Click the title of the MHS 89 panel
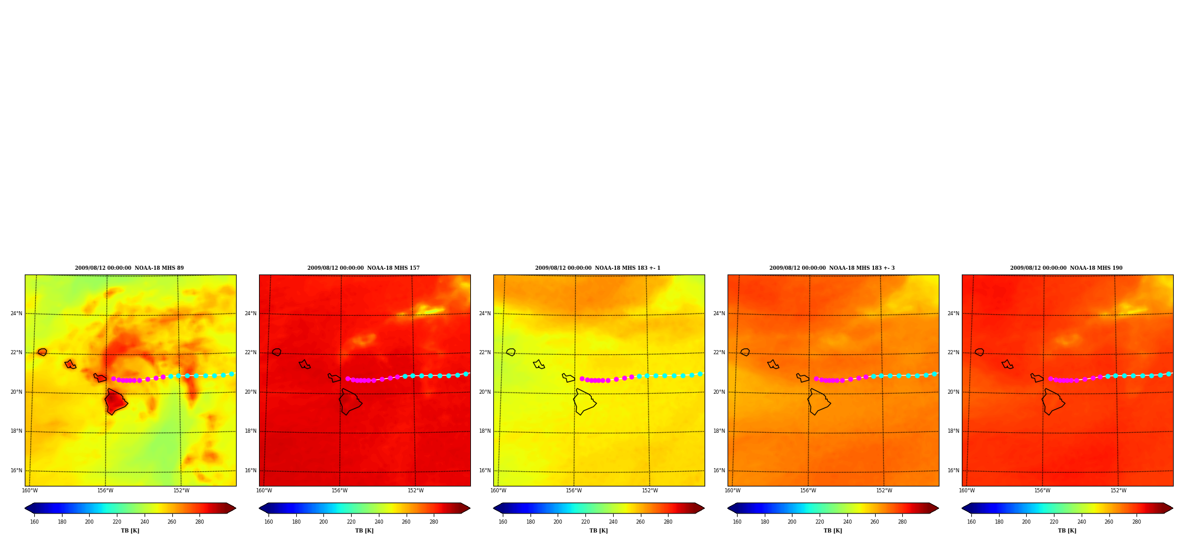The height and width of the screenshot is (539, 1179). click(x=129, y=268)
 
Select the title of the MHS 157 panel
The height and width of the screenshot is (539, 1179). click(x=363, y=268)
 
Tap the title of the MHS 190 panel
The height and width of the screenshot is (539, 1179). click(x=1066, y=268)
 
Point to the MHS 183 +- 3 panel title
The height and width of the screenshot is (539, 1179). click(x=832, y=268)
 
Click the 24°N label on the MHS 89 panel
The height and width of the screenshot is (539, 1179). click(x=17, y=313)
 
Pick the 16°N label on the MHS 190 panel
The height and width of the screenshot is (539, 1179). click(x=954, y=471)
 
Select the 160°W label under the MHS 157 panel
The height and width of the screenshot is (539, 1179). click(x=264, y=491)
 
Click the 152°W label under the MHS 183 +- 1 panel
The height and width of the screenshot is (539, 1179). click(x=650, y=491)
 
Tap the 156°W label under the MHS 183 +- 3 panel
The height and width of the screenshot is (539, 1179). click(x=808, y=491)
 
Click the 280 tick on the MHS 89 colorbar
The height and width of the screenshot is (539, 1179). click(x=199, y=521)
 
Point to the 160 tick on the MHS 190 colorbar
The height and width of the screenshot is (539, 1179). click(x=971, y=521)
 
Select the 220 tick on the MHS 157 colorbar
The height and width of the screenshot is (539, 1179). click(x=351, y=521)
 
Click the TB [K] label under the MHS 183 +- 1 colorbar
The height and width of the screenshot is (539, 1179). click(x=598, y=531)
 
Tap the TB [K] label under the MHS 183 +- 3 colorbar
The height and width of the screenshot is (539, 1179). click(x=833, y=531)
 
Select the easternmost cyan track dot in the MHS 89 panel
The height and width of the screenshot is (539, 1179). click(x=231, y=374)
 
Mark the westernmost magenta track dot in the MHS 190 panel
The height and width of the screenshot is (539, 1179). click(x=1050, y=378)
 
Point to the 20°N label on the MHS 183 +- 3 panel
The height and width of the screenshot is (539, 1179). click(x=719, y=392)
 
